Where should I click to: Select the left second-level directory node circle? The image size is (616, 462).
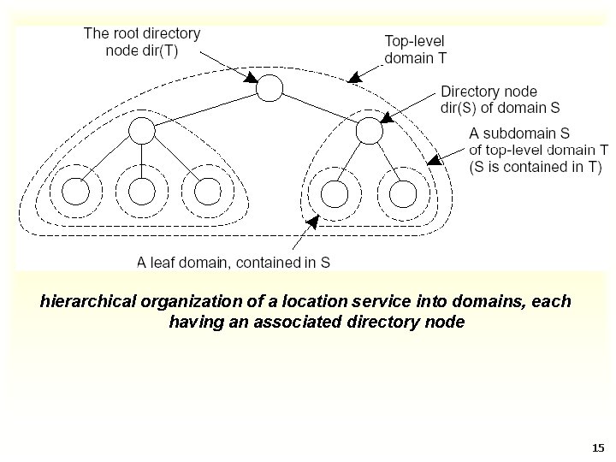(x=142, y=130)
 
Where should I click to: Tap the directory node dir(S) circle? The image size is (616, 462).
(x=368, y=131)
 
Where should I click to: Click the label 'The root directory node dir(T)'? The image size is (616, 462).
(x=142, y=42)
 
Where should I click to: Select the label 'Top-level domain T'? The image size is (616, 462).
(x=415, y=50)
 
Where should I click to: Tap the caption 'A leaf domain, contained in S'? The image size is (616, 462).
(x=234, y=263)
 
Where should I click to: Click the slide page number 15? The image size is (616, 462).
(x=597, y=447)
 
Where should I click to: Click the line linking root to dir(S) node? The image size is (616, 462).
(x=318, y=109)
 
